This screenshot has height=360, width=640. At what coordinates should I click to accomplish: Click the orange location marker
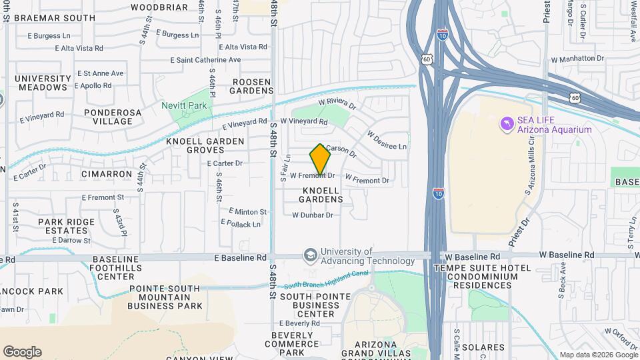coord(320,160)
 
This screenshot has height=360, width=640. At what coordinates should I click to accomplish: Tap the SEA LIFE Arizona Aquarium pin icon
coord(507,124)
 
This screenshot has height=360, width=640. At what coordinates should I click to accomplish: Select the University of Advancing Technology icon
coord(310,255)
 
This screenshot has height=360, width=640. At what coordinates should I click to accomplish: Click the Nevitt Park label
coord(185,105)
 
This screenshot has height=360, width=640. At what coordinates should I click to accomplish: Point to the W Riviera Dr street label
coord(337,104)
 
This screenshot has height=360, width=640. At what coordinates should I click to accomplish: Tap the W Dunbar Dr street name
coord(312,215)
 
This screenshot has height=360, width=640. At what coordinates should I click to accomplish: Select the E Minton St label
coord(247,211)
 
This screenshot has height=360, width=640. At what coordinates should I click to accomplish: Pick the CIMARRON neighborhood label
coord(107,174)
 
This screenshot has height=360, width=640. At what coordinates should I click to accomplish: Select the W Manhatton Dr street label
coord(577,59)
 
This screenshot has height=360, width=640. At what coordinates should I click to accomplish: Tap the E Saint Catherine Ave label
coord(205,60)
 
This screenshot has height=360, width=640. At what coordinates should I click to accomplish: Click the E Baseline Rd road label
coord(240,257)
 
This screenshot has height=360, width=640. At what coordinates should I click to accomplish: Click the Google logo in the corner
coord(22,352)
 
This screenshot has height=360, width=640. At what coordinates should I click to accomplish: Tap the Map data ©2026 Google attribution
coord(598,355)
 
